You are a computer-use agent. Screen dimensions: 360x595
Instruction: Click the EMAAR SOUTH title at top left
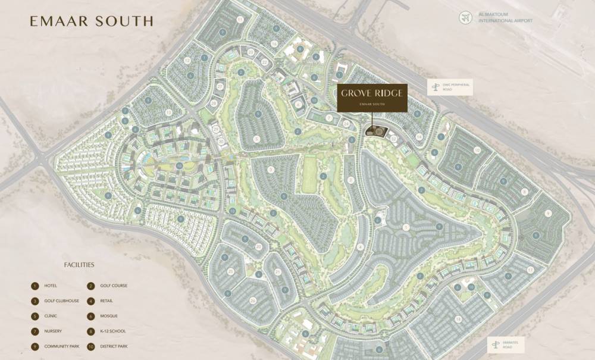[x=91, y=21]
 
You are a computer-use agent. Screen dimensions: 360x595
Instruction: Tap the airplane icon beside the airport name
[x=465, y=17]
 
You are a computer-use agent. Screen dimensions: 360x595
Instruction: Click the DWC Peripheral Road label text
[x=456, y=88]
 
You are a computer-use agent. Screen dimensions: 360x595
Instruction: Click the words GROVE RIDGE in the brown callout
[x=372, y=93]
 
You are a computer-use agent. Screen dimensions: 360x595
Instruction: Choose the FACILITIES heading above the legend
[x=79, y=265]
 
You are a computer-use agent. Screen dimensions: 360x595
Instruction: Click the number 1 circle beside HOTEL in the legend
[x=35, y=286]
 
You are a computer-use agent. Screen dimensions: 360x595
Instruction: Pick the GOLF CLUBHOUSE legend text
[x=61, y=300]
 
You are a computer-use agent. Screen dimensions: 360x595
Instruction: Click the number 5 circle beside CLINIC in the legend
[x=35, y=316]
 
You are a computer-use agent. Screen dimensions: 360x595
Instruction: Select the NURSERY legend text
[x=53, y=331]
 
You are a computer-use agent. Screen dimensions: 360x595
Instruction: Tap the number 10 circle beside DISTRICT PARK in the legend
[x=91, y=346]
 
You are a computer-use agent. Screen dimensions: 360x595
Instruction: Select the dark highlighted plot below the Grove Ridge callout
[x=376, y=132]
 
